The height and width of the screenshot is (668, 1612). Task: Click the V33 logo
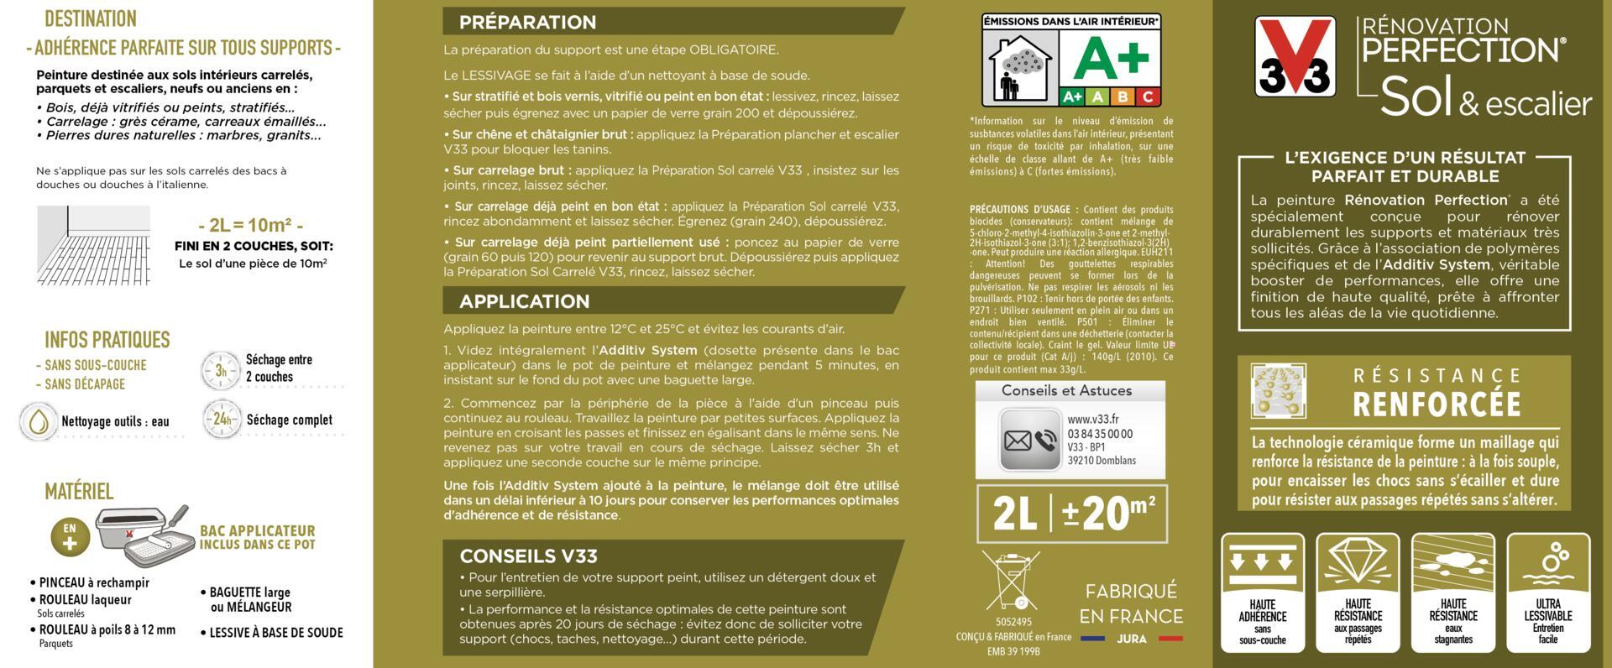[x=1294, y=56]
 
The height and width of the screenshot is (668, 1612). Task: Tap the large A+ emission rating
[x=1112, y=55]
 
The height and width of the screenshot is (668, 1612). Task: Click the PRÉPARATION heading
[x=527, y=23]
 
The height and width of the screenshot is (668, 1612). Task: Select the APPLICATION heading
[x=524, y=301]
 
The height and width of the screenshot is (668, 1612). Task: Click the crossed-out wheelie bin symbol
[x=1011, y=580]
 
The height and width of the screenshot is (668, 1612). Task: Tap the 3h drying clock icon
[x=221, y=369]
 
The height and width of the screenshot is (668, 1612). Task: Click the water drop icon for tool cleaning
[x=38, y=421]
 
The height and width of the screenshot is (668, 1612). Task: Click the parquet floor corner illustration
[x=93, y=244]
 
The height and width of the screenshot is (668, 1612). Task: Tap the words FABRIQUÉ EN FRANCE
[x=1131, y=603]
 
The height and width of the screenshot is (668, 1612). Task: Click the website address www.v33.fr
[x=1092, y=420]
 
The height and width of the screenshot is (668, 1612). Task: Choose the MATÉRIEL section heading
[x=79, y=491]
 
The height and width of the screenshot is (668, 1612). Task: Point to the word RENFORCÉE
[x=1437, y=404]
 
